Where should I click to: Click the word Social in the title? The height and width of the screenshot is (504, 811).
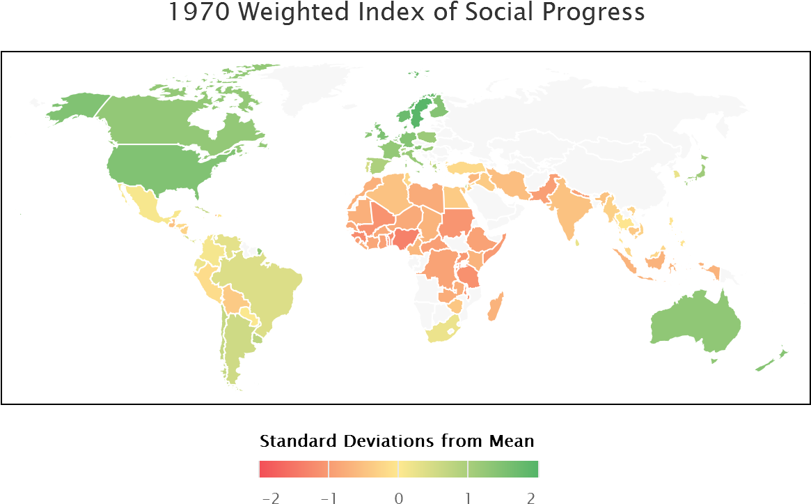(x=504, y=13)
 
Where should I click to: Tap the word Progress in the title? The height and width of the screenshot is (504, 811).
(x=598, y=13)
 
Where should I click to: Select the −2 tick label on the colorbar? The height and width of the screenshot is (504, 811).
(x=269, y=497)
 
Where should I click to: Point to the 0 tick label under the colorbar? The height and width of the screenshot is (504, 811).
(x=398, y=497)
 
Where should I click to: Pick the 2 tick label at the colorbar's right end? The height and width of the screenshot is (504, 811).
(x=531, y=497)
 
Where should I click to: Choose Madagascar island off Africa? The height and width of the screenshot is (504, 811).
(x=495, y=307)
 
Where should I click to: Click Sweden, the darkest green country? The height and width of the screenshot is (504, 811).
(x=418, y=112)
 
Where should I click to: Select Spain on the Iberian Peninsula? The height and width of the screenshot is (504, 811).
(x=376, y=165)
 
